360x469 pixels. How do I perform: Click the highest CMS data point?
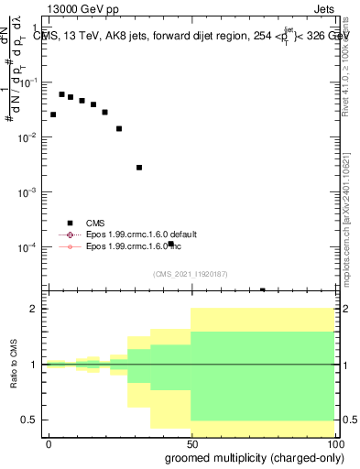[61, 94]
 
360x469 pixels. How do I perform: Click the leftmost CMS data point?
[53, 115]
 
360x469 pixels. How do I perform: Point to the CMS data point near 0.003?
[139, 168]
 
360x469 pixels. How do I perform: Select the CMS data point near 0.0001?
[171, 244]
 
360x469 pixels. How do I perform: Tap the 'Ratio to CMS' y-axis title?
[14, 365]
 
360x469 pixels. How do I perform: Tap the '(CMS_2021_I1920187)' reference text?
[191, 274]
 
